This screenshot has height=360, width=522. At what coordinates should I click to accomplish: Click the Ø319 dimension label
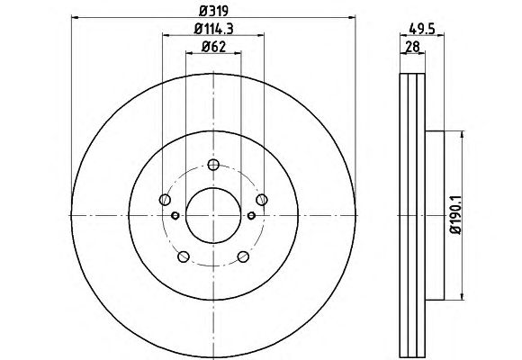[213, 11]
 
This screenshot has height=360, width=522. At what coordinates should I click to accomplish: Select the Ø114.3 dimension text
[213, 29]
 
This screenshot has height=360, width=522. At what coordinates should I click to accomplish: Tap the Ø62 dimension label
[213, 47]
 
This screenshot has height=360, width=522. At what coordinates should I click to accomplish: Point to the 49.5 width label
[422, 30]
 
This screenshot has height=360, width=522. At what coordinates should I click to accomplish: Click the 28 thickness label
[412, 47]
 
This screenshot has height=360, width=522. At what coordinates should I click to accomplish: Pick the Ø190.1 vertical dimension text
[456, 215]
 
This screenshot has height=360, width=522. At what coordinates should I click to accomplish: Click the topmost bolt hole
[213, 165]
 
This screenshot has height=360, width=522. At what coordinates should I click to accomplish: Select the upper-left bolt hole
[165, 200]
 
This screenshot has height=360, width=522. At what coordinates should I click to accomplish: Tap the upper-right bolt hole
[262, 200]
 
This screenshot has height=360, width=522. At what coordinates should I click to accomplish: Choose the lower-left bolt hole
[184, 256]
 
